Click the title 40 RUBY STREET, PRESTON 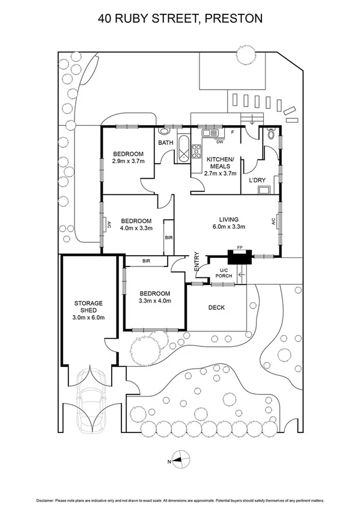tap(180, 19)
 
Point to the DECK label tap(216, 307)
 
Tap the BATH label tap(165, 143)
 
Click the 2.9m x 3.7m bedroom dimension tap(129, 161)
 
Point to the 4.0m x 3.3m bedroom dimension tap(136, 228)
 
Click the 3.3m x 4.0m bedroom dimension tap(155, 300)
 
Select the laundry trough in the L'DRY tap(263, 191)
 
